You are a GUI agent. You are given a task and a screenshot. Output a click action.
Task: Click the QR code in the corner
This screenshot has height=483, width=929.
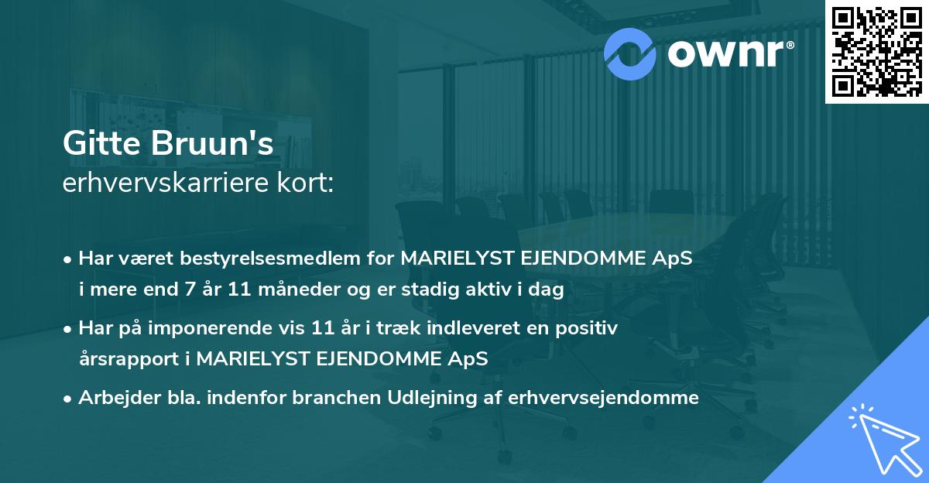pos(876,50)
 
